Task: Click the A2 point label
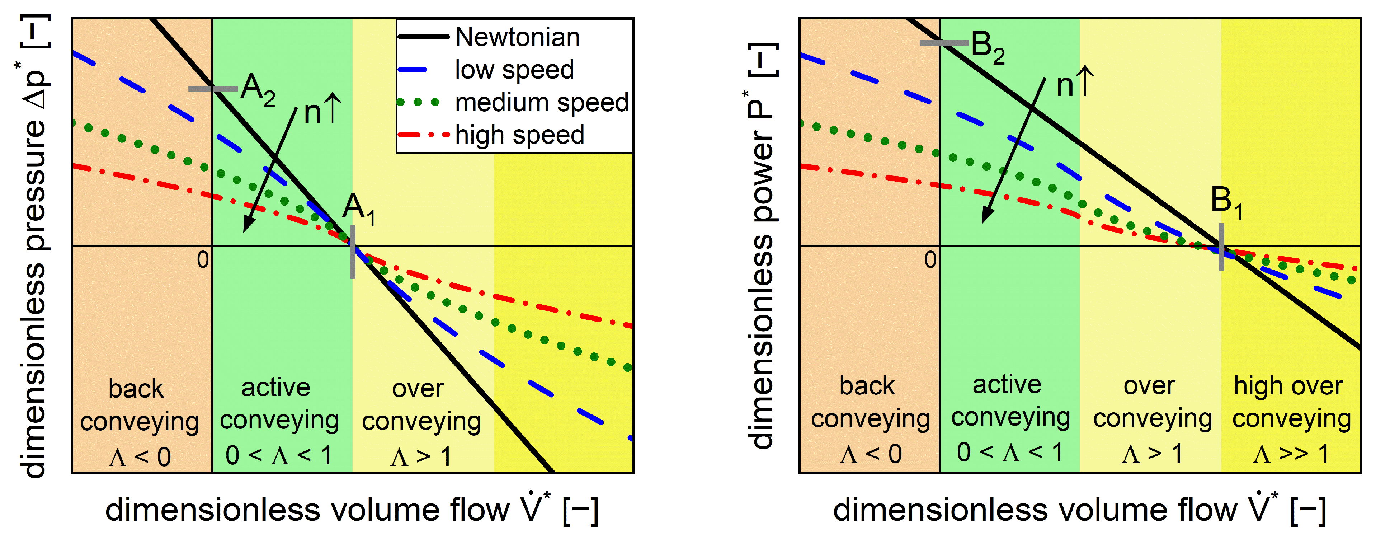click(x=258, y=89)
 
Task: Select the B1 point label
click(x=1226, y=203)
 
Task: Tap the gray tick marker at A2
click(x=213, y=89)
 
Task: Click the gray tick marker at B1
click(x=1221, y=247)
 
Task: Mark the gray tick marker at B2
click(x=944, y=43)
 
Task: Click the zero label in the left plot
click(x=202, y=260)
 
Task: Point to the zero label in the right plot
click(x=930, y=260)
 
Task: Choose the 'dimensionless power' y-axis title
click(x=761, y=246)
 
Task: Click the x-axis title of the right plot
click(x=1079, y=510)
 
